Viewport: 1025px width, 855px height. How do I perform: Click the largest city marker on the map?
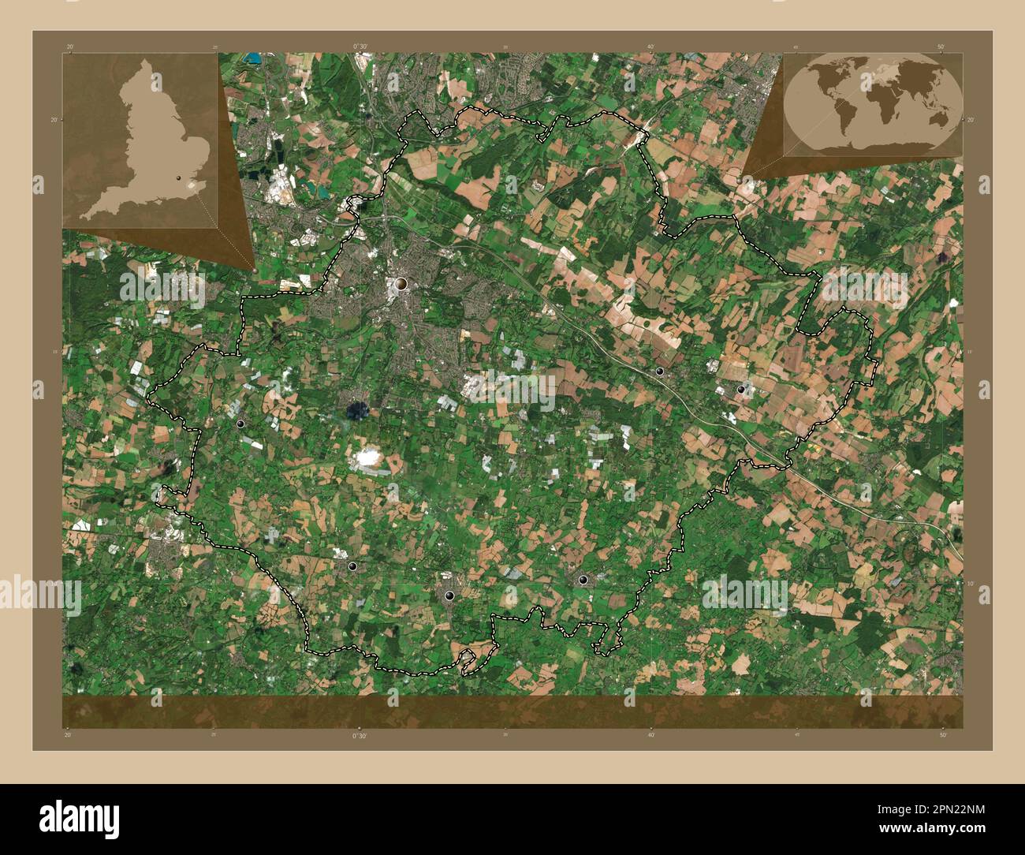pos(401,283)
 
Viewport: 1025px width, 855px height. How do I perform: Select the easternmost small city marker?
pos(740,390)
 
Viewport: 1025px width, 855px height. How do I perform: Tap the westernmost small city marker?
pos(240,424)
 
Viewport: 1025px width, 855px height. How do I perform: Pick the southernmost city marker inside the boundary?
pos(449,596)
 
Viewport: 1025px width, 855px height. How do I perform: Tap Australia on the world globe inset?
pos(938,118)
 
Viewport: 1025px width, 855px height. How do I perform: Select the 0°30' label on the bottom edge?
pos(360,735)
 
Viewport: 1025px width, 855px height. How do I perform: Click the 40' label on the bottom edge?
pos(651,735)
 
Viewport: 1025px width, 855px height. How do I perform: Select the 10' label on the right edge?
pos(971,583)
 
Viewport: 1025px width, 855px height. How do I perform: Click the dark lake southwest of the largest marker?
pos(357,409)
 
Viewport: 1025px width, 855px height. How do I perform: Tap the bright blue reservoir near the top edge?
pos(253,58)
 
